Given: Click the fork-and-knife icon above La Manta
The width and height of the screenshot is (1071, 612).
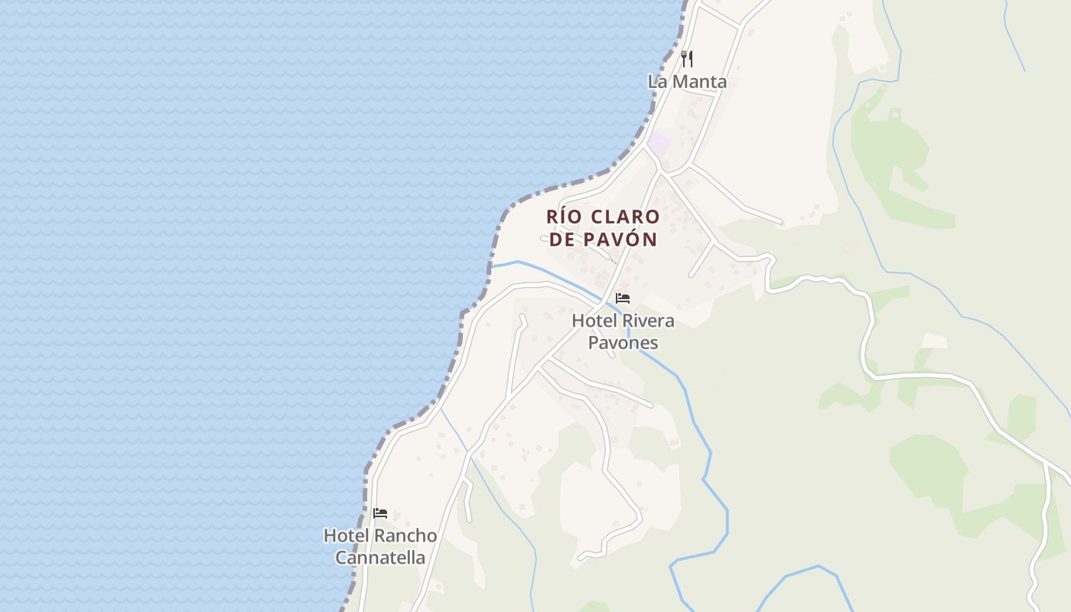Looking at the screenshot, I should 687,59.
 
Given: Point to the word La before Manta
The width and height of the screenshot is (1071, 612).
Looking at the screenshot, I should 657,81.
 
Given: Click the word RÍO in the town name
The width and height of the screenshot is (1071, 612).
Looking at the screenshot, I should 564,216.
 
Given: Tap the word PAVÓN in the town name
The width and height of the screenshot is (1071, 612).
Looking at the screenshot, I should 620,239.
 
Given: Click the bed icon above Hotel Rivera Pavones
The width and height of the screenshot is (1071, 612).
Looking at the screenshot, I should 623,298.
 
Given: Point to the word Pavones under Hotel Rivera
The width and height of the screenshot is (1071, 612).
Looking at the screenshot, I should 623,342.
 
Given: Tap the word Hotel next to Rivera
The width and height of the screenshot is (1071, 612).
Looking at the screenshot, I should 592,321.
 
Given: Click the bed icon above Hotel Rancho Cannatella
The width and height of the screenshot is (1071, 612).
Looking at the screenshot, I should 380,513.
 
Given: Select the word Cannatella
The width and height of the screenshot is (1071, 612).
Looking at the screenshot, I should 380,558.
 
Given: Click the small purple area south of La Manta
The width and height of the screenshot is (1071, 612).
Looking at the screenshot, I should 659,143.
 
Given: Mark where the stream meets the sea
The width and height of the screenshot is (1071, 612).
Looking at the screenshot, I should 491,266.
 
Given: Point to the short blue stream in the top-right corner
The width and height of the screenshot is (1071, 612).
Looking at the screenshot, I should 1014,34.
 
